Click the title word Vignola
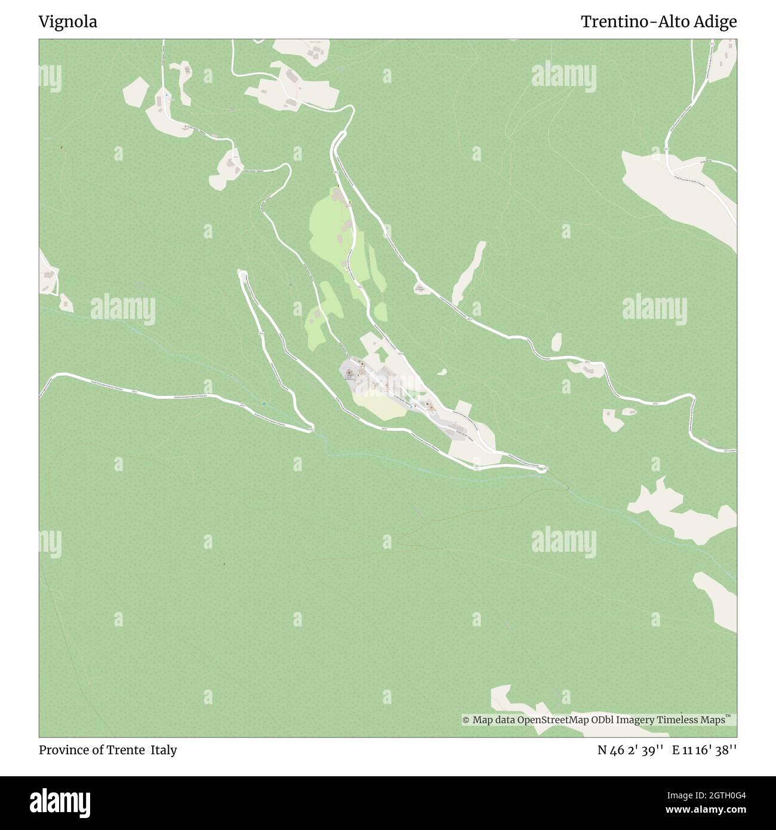68,22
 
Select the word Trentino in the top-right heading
617,22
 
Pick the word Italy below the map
164,750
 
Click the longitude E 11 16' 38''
704,750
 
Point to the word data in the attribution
504,720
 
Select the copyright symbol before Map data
466,721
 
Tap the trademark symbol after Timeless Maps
728,717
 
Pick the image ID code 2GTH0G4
716,795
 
